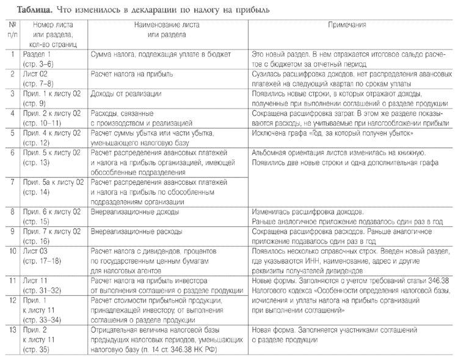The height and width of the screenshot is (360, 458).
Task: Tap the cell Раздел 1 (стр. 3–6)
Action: coord(40,59)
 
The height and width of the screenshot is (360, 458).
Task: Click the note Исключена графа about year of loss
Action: coord(332,132)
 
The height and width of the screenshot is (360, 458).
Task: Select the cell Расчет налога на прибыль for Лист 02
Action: coord(131,74)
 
